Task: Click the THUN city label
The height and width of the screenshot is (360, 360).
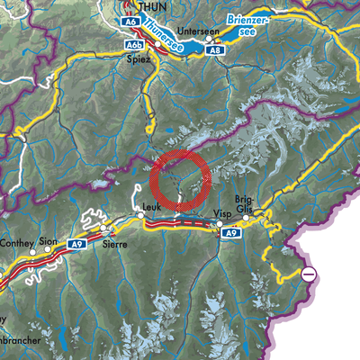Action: pos(141,6)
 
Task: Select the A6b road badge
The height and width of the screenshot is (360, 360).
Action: pos(136,44)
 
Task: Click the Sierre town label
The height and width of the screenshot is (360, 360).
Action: pos(113,244)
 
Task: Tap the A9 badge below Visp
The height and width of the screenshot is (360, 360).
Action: pos(232,233)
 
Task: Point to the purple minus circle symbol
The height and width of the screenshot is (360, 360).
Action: pos(309,274)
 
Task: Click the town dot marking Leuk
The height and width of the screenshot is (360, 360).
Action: pos(140,216)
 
